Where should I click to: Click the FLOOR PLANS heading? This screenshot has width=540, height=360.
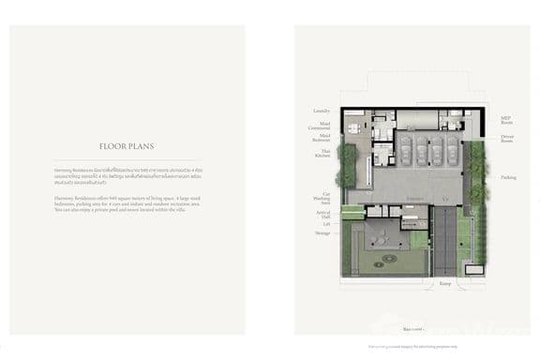pyautogui.click(x=127, y=146)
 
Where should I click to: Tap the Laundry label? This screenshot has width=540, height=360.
pyautogui.click(x=322, y=111)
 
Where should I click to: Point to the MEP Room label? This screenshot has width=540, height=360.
pyautogui.click(x=507, y=120)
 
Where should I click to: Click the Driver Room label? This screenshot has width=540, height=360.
pyautogui.click(x=507, y=139)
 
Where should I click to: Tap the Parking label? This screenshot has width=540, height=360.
pyautogui.click(x=507, y=177)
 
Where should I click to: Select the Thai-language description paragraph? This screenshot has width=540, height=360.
pyautogui.click(x=127, y=176)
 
